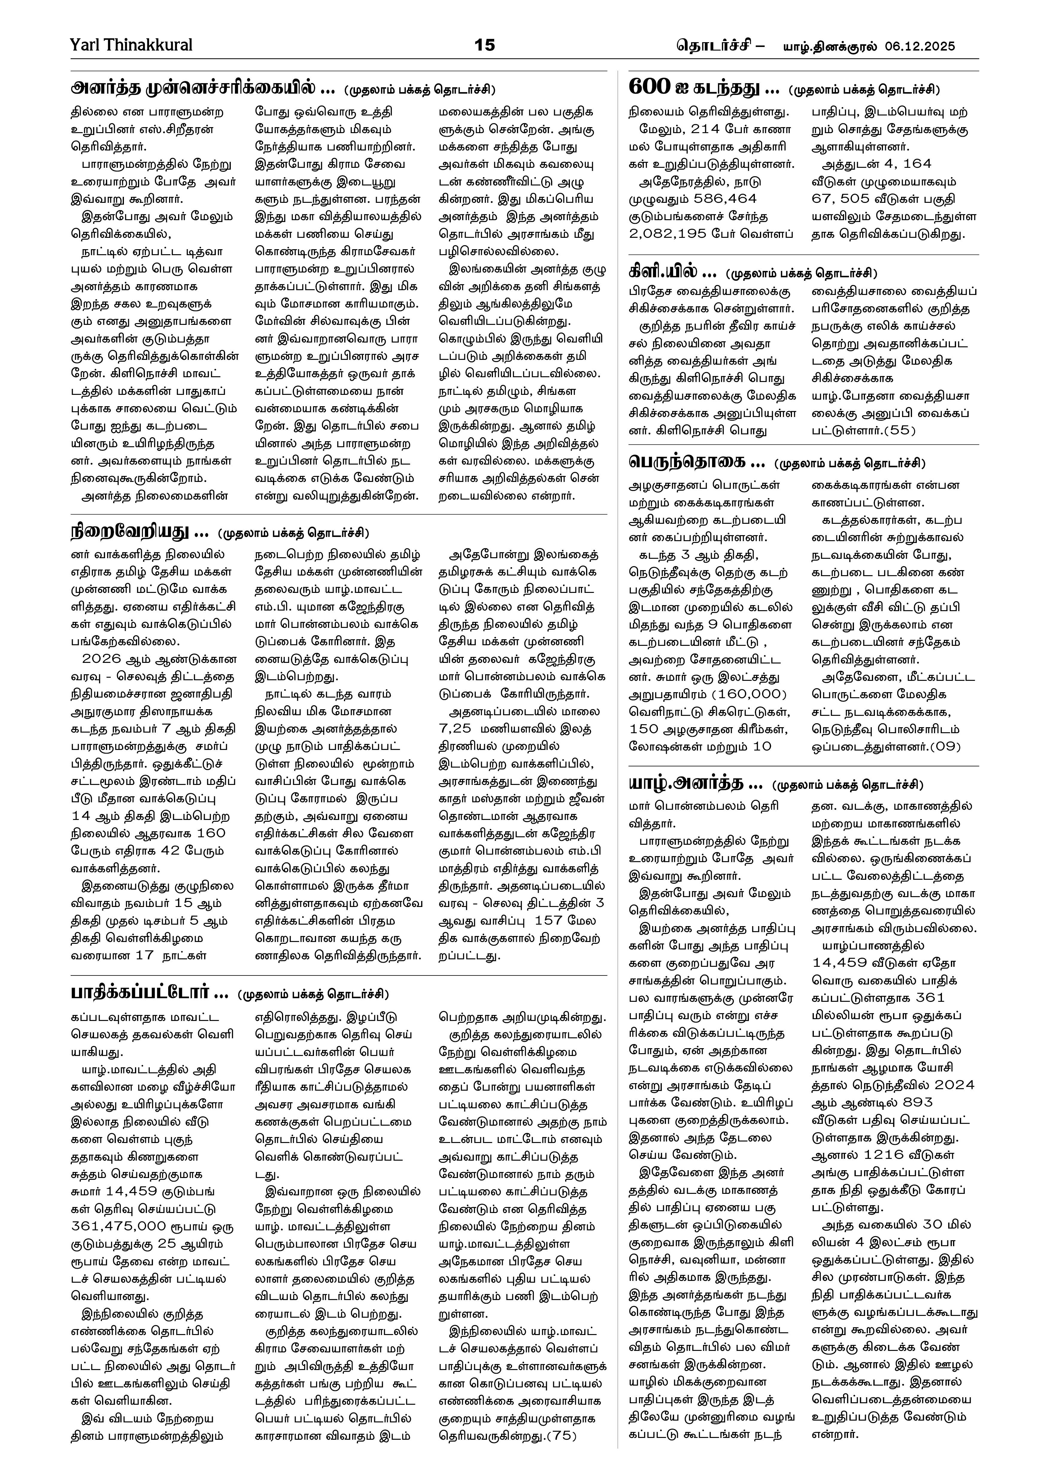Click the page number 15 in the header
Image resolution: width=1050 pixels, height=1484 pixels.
(x=484, y=45)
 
